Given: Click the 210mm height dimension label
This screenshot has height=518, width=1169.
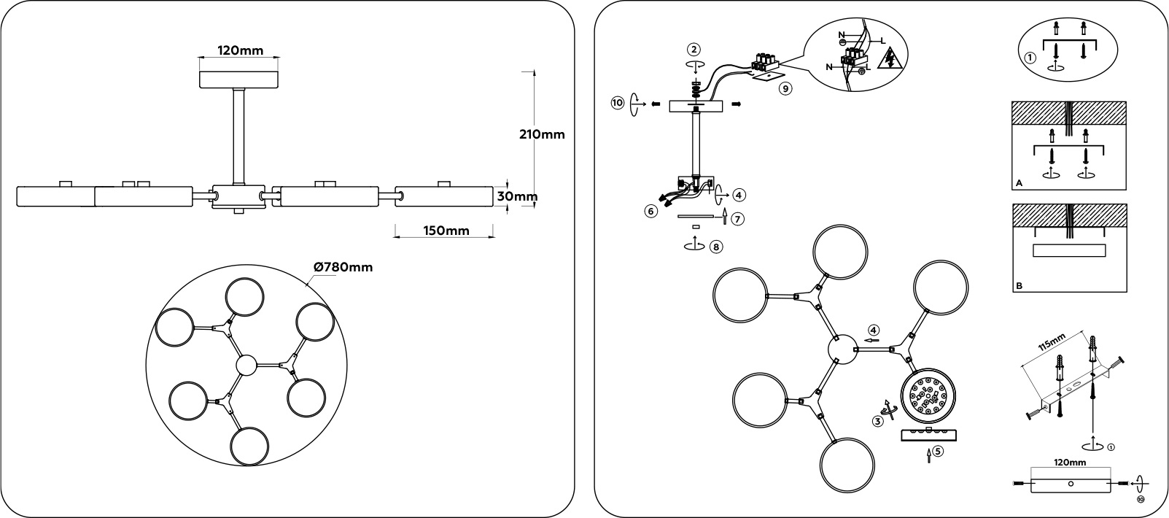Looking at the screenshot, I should pos(542,134).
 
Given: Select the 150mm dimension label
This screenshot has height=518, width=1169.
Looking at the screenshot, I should pos(445,231).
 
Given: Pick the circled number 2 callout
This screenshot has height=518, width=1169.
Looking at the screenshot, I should pos(694,50).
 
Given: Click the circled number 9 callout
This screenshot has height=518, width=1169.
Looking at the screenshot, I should pos(785,88).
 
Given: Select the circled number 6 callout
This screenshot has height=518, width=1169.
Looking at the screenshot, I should pos(650,211).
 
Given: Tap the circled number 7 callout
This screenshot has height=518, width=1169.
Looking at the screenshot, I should pos(738,218).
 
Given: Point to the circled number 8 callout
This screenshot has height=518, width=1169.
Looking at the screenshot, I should pos(716,247).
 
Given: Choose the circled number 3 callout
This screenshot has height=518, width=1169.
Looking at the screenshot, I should pos(879,421).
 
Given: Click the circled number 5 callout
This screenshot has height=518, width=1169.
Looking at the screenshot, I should pos(938,451).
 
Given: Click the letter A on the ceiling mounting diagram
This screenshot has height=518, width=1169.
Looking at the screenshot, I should pos(1019,185).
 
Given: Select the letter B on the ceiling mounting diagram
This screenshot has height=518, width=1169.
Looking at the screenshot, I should pos(1019,287).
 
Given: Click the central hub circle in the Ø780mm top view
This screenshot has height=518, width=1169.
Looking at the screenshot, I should pos(246,365).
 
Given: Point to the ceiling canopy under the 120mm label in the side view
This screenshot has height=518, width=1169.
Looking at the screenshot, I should pos(240,79).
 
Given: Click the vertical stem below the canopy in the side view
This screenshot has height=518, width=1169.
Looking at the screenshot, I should pos(238,136).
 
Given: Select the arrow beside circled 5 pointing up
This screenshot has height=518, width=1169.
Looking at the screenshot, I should pos(928,456).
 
